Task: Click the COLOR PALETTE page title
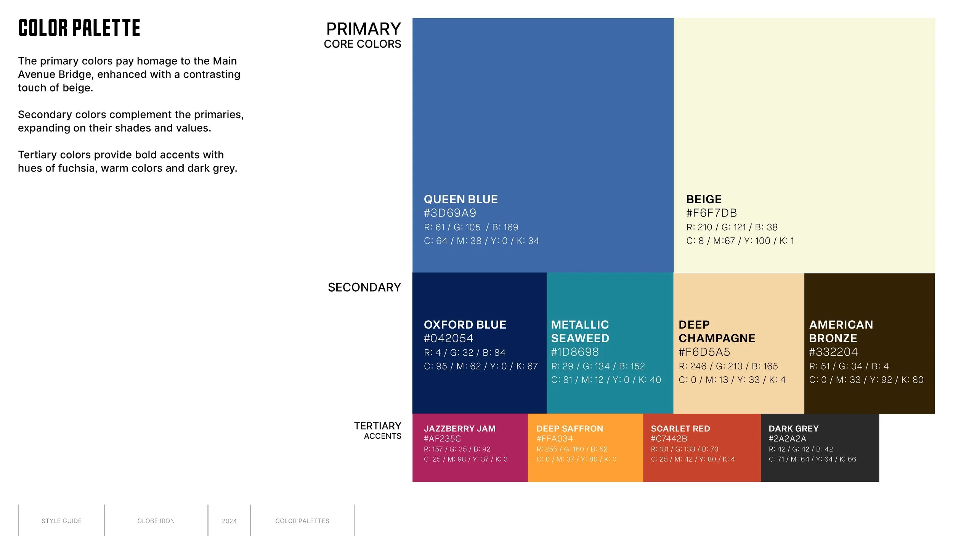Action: pyautogui.click(x=79, y=28)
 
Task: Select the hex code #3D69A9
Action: pyautogui.click(x=450, y=213)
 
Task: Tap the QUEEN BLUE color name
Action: pyautogui.click(x=460, y=199)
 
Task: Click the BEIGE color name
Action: pyautogui.click(x=704, y=199)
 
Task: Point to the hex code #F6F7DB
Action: pyautogui.click(x=711, y=213)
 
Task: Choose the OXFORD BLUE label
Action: pyautogui.click(x=465, y=325)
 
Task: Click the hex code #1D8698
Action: pyautogui.click(x=574, y=352)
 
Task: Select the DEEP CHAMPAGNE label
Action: pyautogui.click(x=717, y=332)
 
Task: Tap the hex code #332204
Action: pyautogui.click(x=833, y=352)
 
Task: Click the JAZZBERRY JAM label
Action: pyautogui.click(x=459, y=428)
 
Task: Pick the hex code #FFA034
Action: pyautogui.click(x=554, y=439)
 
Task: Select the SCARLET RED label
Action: pyautogui.click(x=680, y=428)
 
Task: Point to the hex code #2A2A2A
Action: pyautogui.click(x=787, y=439)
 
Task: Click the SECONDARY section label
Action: pyautogui.click(x=364, y=287)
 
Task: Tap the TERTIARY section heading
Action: pyautogui.click(x=377, y=426)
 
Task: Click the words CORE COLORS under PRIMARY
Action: pyautogui.click(x=362, y=44)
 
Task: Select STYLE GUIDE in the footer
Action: pyautogui.click(x=61, y=521)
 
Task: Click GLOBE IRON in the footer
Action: pyautogui.click(x=156, y=521)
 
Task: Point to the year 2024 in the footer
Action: pyautogui.click(x=229, y=521)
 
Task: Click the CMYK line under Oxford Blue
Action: pyautogui.click(x=480, y=366)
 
